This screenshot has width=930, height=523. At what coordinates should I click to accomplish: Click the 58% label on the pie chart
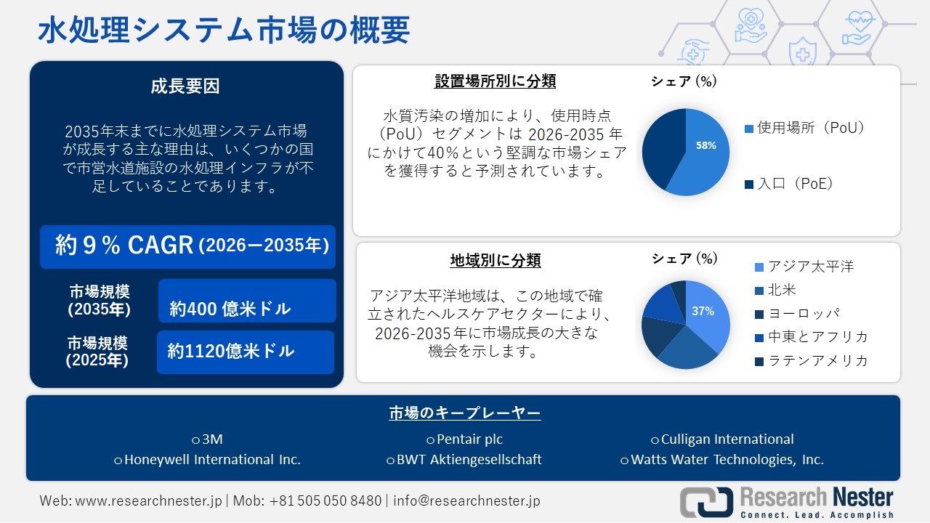(x=705, y=145)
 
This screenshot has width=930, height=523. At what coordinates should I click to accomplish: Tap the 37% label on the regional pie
(x=703, y=311)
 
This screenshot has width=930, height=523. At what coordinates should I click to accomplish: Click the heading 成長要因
(x=185, y=86)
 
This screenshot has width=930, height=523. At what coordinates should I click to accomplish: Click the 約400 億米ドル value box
(x=247, y=301)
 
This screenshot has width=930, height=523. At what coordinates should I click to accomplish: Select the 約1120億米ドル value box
(x=246, y=352)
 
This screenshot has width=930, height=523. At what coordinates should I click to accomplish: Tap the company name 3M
(x=212, y=439)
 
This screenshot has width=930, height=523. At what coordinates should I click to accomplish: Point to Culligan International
(x=727, y=439)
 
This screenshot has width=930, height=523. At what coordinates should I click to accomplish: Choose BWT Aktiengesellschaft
(x=469, y=460)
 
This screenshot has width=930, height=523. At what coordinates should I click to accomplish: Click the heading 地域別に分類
(x=496, y=260)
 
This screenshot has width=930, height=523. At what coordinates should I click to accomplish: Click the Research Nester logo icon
(x=706, y=501)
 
